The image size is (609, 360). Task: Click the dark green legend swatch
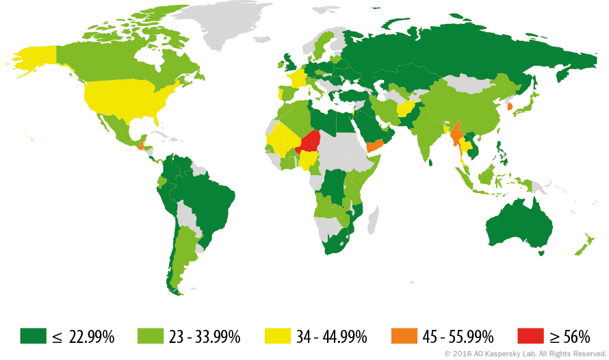coord(33,335)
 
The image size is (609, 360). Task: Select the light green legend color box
coord(151,335)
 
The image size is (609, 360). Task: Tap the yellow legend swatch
coord(278,335)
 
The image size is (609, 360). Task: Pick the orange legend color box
coord(404,335)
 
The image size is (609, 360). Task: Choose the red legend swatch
coord(530,335)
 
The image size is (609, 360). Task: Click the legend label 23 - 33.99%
coord(205,336)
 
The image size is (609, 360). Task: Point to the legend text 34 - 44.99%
coord(332,336)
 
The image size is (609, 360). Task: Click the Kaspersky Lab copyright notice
coord(525,353)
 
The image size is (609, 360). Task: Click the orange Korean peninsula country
coord(508,106)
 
